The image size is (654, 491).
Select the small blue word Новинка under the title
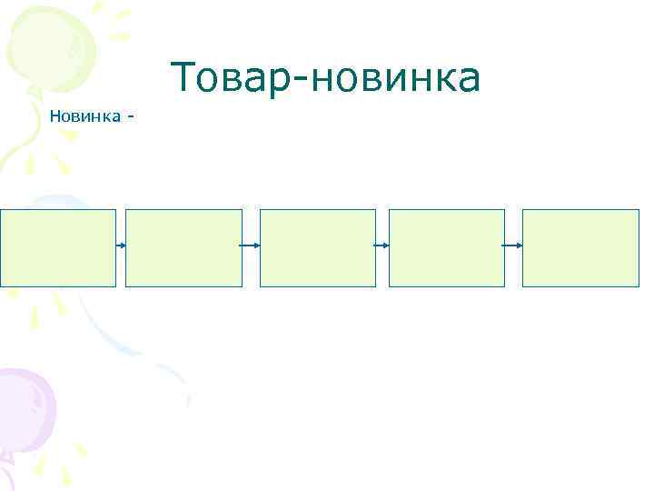(86, 115)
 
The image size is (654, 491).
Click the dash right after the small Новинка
(133, 116)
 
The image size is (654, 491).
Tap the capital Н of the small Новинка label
(55, 115)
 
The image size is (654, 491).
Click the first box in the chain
(58, 248)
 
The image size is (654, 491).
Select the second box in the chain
(183, 248)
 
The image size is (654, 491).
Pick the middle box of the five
(317, 248)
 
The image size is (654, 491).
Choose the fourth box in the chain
(446, 248)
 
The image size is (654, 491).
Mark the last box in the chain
(580, 248)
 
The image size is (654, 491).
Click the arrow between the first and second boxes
(121, 245)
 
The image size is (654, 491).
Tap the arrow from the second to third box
(251, 245)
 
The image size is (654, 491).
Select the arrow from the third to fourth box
(381, 245)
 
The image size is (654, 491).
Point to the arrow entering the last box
(513, 245)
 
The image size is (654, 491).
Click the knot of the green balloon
(34, 90)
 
